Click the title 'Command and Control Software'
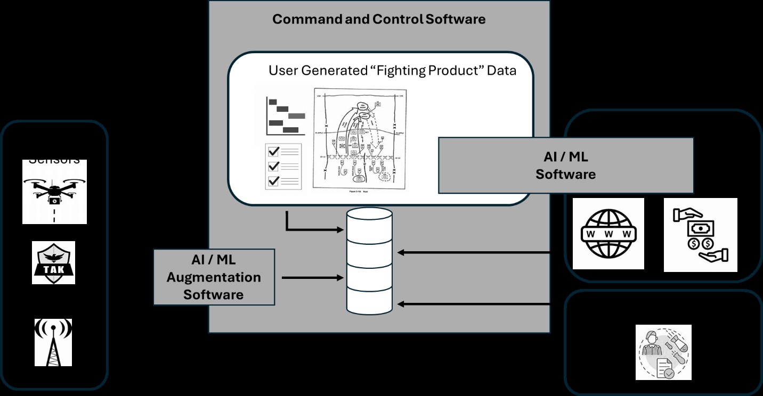(x=379, y=20)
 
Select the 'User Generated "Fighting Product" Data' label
(x=392, y=70)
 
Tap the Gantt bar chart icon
(x=286, y=115)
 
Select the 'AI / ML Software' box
(x=565, y=166)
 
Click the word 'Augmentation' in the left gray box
(x=214, y=277)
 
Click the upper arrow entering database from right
(x=474, y=252)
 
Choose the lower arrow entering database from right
(x=474, y=304)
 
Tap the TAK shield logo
(x=53, y=263)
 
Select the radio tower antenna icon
(x=53, y=342)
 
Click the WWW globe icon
(x=608, y=234)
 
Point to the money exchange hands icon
(x=700, y=235)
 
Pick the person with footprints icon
(x=663, y=352)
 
